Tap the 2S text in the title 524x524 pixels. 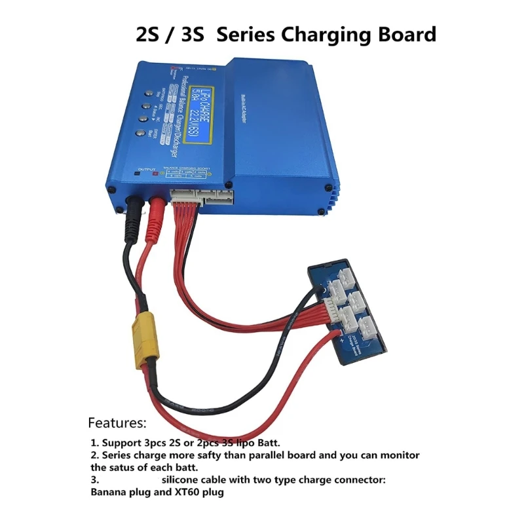pyautogui.click(x=148, y=34)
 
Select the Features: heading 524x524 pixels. pyautogui.click(x=118, y=422)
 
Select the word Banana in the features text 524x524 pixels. pyautogui.click(x=108, y=493)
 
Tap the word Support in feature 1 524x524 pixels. pyautogui.click(x=121, y=443)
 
